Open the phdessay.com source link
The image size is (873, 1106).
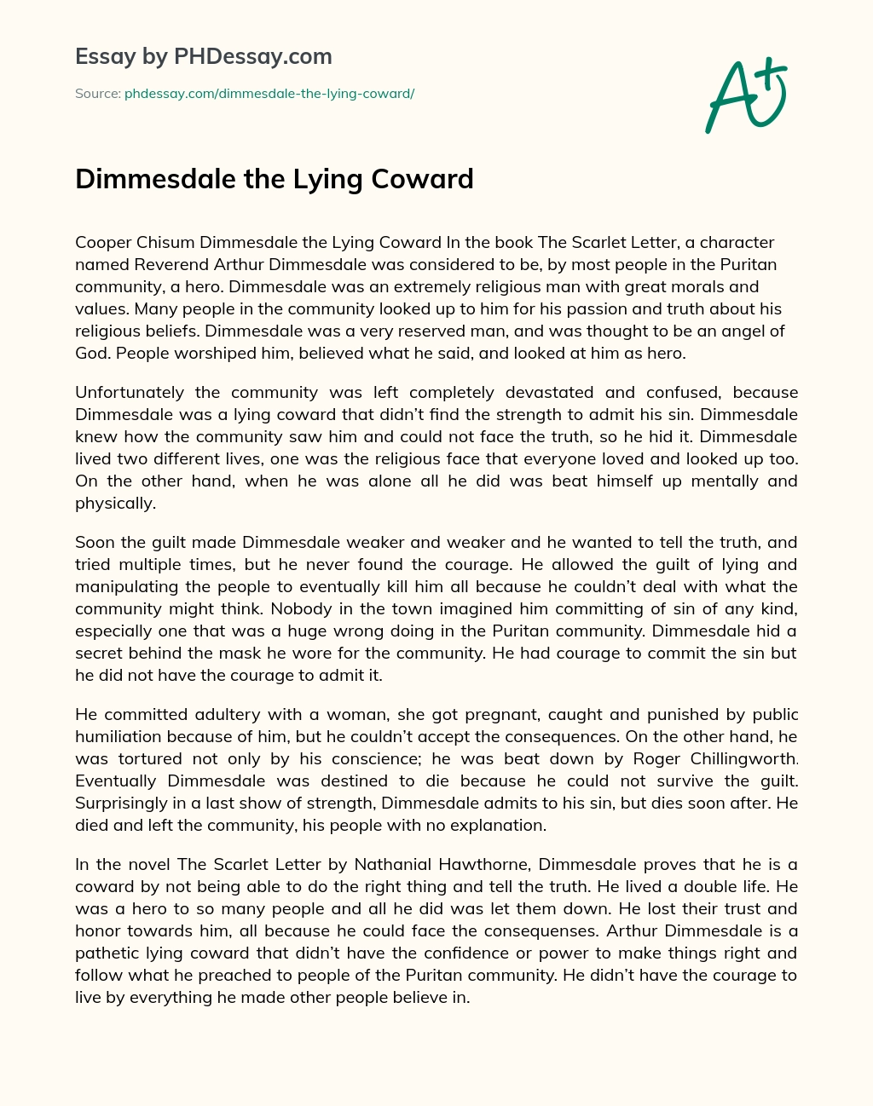(x=269, y=94)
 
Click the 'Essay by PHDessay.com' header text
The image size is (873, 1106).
(x=203, y=56)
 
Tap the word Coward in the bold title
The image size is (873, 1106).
(x=424, y=179)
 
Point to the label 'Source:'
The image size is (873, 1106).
(x=97, y=94)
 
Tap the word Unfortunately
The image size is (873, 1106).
(x=130, y=393)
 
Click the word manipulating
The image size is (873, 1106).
(x=127, y=586)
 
